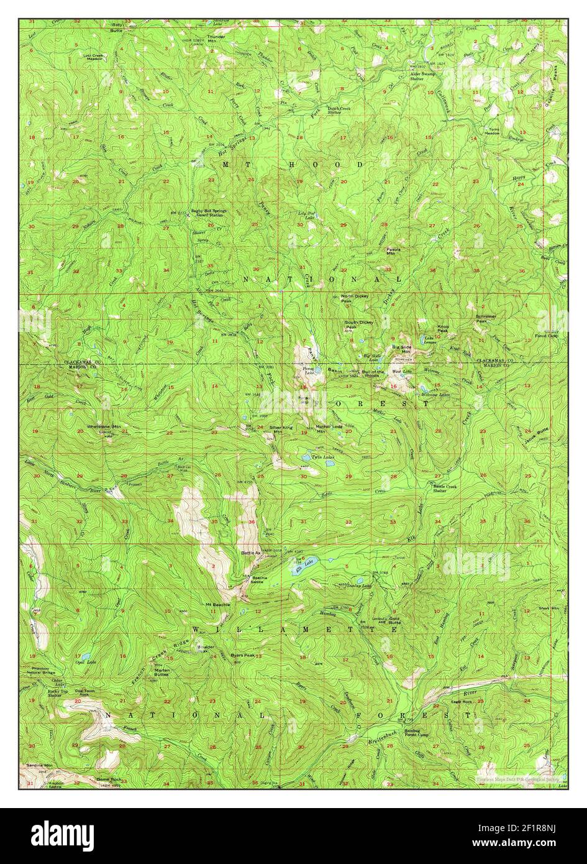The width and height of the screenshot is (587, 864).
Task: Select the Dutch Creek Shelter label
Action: click(x=343, y=109)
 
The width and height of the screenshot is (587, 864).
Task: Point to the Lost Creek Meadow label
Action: click(x=96, y=57)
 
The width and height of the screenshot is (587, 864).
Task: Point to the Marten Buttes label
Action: click(x=162, y=672)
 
